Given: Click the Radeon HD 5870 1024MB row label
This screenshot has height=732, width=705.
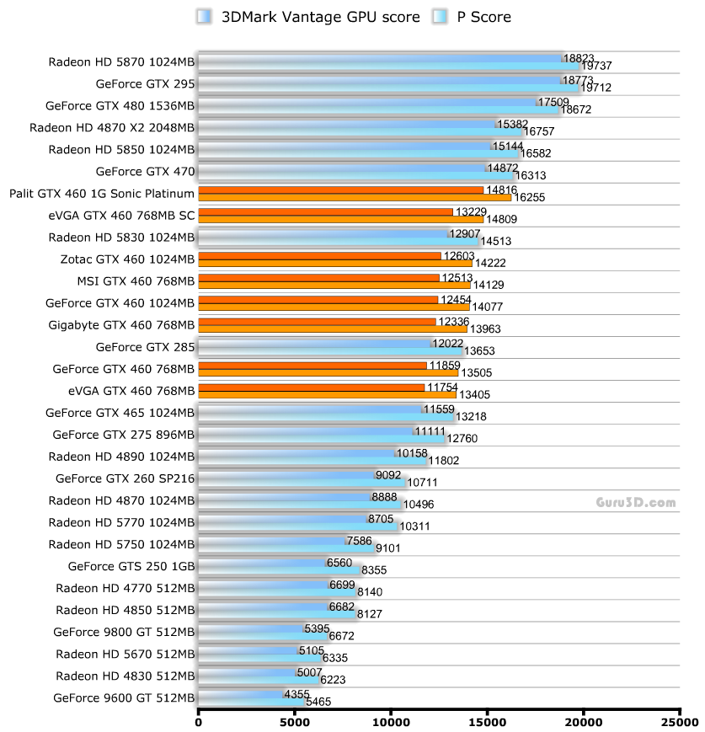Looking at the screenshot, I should tap(121, 61).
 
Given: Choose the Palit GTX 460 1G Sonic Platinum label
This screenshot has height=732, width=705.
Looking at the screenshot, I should tap(102, 194).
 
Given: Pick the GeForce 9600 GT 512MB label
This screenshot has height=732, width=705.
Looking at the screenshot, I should tap(124, 697).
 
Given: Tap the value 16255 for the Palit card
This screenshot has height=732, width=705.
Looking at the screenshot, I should tap(529, 196).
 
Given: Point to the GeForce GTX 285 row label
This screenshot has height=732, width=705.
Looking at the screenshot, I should tap(146, 347).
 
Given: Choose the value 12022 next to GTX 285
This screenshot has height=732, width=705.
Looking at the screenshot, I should tap(447, 343).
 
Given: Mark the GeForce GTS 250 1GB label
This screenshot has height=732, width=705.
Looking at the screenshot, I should tap(131, 566).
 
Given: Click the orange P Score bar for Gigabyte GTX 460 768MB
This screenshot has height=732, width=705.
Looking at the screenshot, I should tap(328, 329).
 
